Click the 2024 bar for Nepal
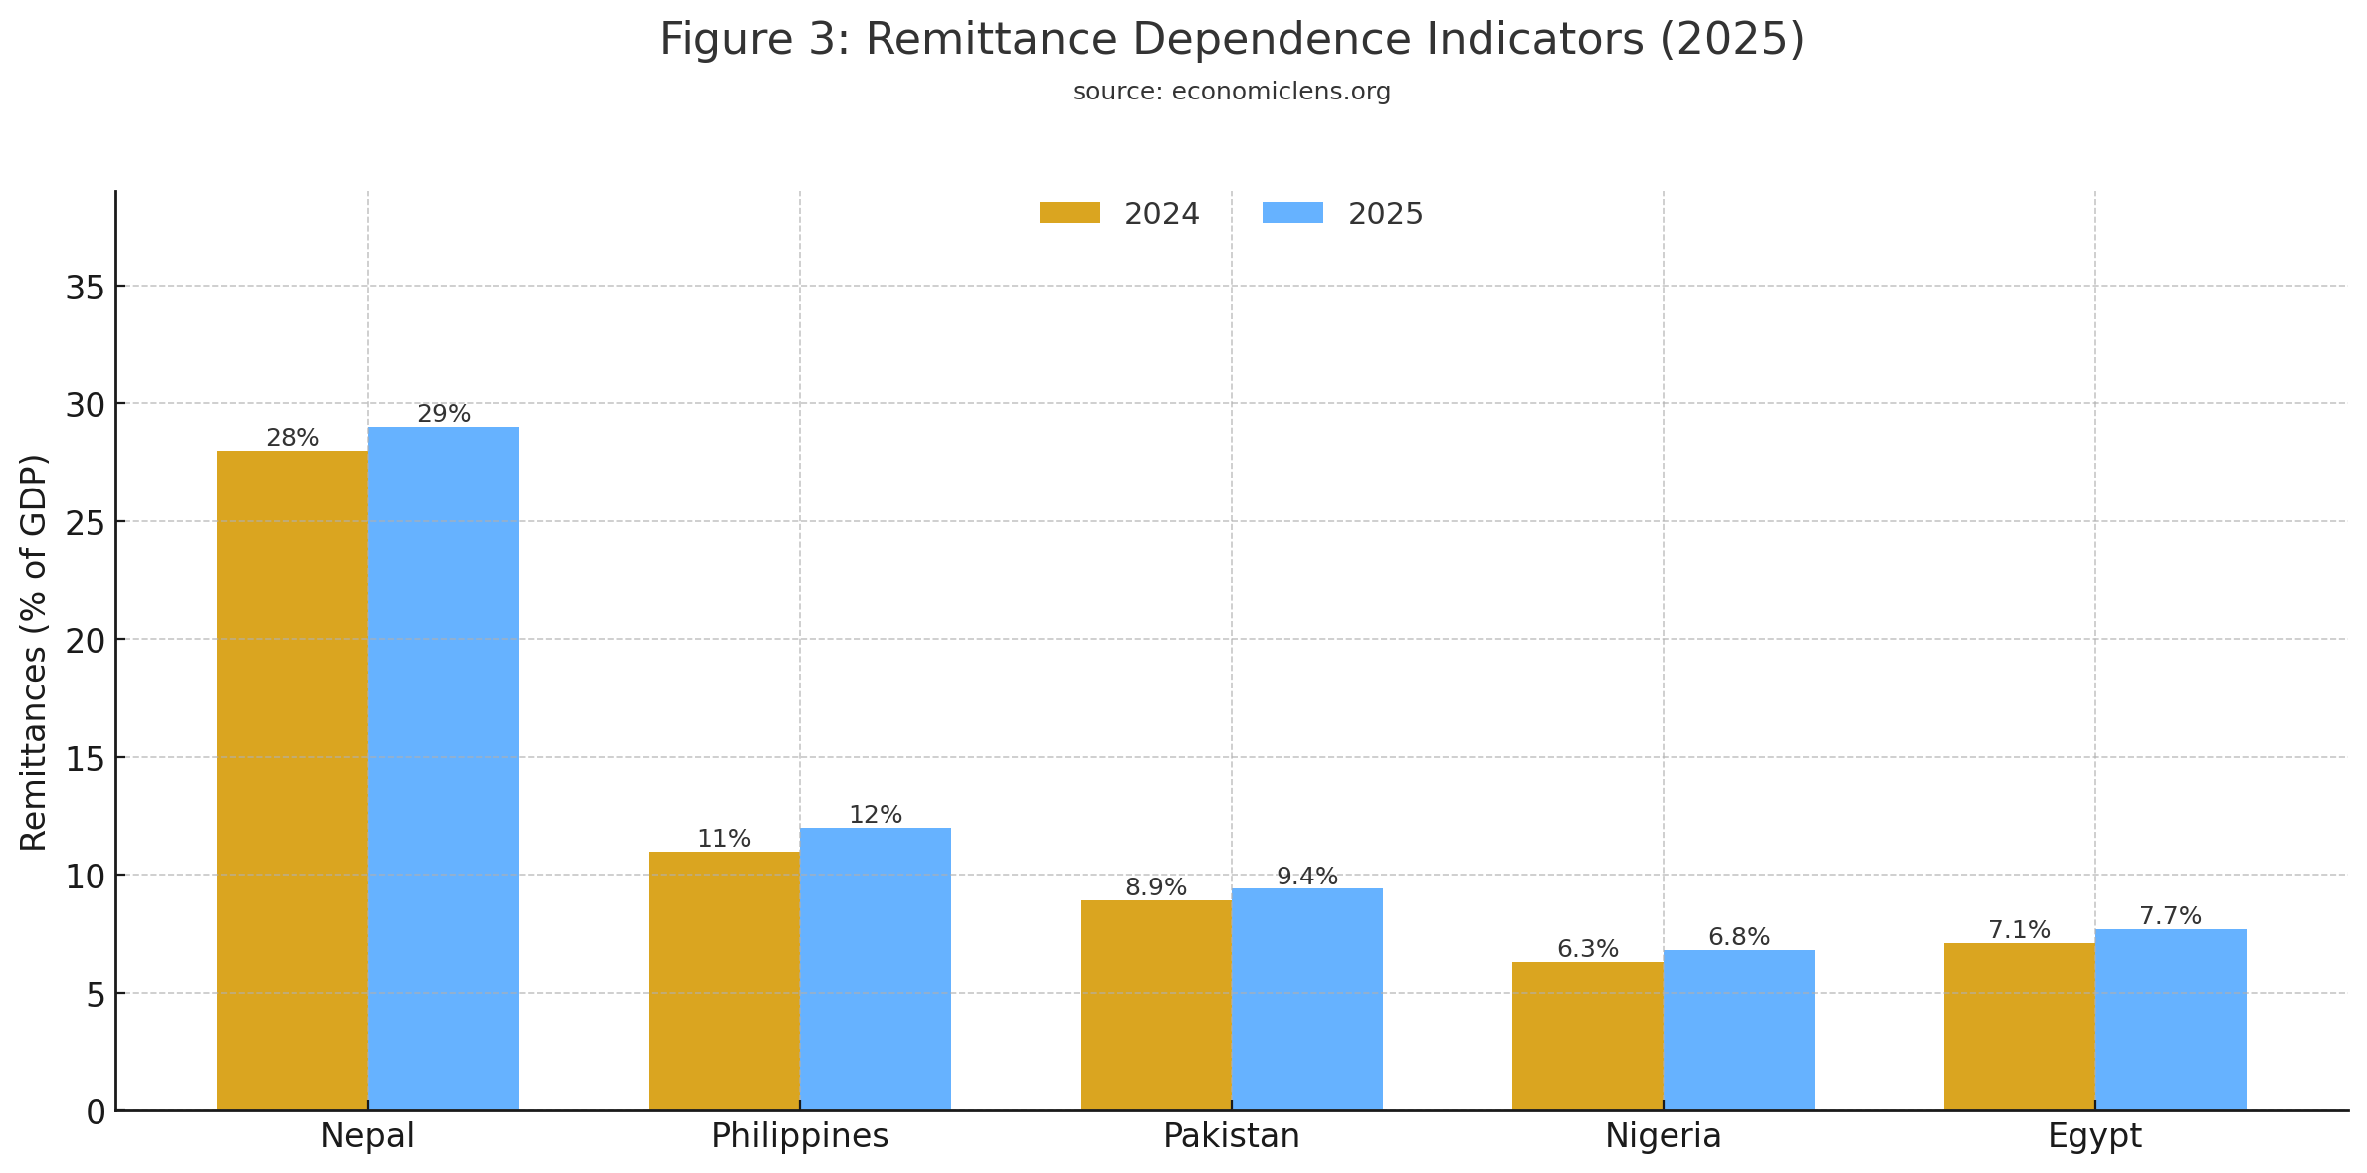(292, 780)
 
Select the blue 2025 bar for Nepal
(443, 768)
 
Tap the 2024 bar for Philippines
(723, 980)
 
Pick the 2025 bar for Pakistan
(1306, 999)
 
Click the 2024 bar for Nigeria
(1587, 1036)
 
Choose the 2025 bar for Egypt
(2170, 1019)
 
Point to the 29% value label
(444, 414)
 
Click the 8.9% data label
(1156, 887)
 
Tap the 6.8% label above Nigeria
(1739, 937)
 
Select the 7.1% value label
(2019, 930)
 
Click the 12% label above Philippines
(876, 815)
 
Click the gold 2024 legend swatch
(1070, 213)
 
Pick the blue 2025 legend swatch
(1292, 213)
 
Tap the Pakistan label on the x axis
(1232, 1136)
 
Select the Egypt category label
(2094, 1136)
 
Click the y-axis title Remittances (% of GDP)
(34, 652)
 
